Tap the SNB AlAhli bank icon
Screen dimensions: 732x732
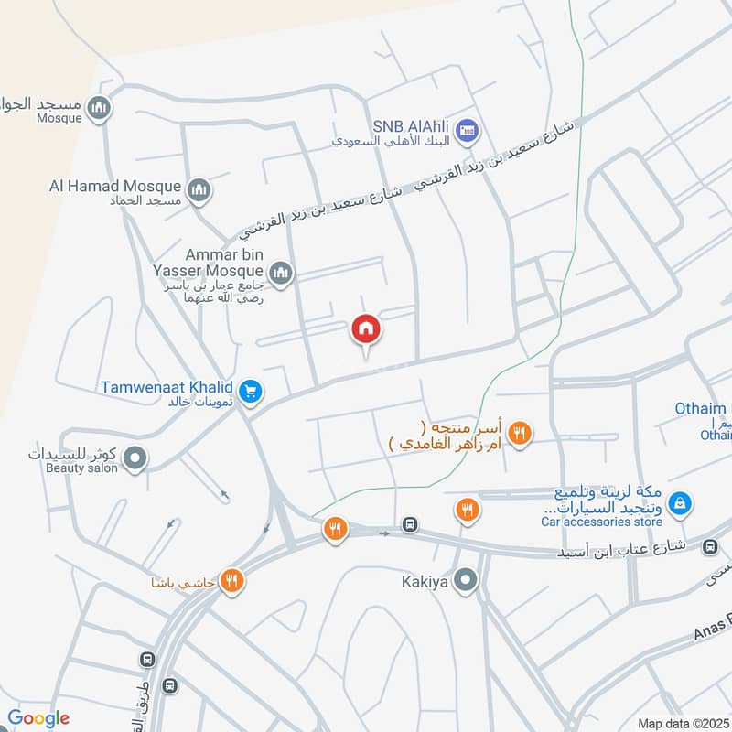(x=468, y=129)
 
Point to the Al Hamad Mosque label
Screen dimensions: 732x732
(x=115, y=187)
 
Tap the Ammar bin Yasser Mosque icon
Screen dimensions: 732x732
(x=281, y=272)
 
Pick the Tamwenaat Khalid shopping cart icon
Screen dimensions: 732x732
(x=253, y=393)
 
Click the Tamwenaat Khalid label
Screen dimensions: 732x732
(x=167, y=388)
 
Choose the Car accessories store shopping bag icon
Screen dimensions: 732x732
(x=680, y=502)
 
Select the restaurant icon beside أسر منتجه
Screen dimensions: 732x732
(x=520, y=434)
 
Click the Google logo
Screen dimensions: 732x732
(x=38, y=718)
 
